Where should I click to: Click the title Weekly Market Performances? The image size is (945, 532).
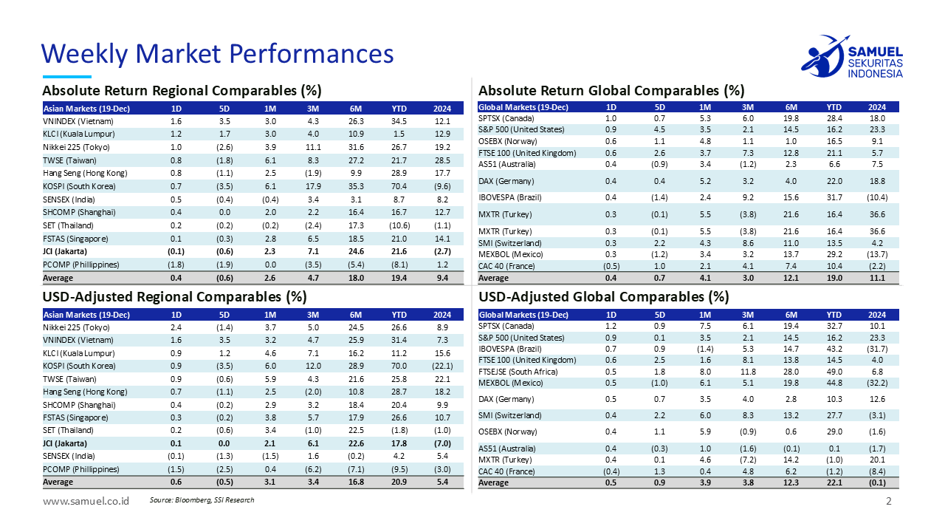click(217, 53)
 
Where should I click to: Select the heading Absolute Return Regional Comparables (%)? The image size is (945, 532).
click(182, 91)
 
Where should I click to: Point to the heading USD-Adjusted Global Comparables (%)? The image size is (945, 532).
click(603, 297)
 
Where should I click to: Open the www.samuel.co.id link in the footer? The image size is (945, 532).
click(86, 501)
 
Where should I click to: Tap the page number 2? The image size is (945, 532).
click(889, 502)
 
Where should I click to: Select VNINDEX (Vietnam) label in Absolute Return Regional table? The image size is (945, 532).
click(72, 120)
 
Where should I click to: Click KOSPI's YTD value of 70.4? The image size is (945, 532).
click(399, 186)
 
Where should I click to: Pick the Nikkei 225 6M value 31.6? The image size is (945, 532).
click(357, 147)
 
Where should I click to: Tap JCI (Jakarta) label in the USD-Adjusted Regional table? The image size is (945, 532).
click(65, 443)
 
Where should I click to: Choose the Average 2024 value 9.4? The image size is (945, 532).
click(443, 279)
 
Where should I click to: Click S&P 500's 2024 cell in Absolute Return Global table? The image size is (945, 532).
click(877, 129)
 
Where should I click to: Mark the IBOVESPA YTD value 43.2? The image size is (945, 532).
click(834, 349)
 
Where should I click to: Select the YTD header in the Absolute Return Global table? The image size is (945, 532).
click(834, 107)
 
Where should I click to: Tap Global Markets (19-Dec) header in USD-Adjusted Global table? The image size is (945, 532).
click(523, 315)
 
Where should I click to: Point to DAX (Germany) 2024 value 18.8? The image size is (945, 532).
click(877, 181)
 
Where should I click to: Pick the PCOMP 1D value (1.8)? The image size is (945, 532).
click(176, 265)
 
